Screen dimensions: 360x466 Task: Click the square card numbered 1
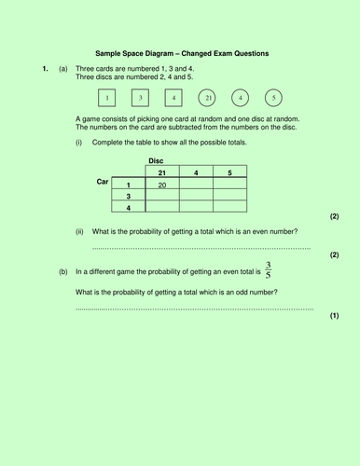click(107, 98)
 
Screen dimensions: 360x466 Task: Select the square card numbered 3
click(140, 98)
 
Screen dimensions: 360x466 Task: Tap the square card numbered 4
click(173, 98)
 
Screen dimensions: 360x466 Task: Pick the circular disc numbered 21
click(208, 98)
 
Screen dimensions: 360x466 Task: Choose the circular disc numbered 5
click(273, 98)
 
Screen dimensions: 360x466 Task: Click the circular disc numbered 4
click(241, 98)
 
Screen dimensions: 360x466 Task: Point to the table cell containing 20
click(162, 185)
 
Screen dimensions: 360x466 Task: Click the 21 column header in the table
click(162, 172)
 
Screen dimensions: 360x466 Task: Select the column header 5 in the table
click(229, 172)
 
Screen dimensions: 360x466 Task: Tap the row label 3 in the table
click(128, 196)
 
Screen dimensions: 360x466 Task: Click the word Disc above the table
click(156, 161)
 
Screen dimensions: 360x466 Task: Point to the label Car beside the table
click(104, 182)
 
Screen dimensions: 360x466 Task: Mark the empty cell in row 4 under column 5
click(229, 207)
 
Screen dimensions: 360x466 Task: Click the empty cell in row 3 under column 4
click(196, 196)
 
